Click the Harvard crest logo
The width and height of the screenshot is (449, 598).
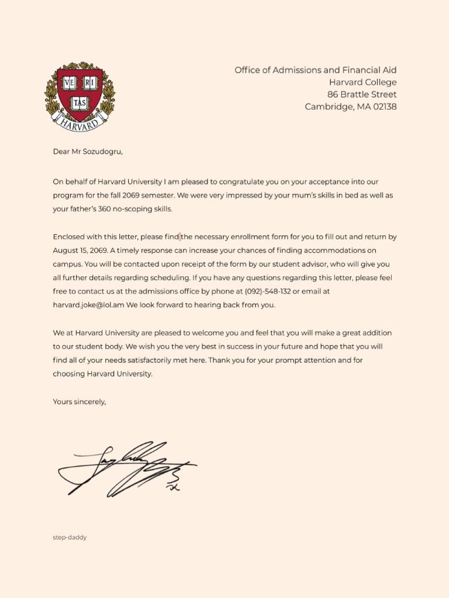point(80,96)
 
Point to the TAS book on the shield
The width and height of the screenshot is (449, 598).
point(80,103)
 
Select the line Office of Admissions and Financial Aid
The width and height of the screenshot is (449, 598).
point(315,70)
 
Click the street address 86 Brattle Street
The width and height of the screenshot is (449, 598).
point(361,95)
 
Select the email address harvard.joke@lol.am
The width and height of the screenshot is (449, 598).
point(88,305)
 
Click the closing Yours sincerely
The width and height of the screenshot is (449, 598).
point(80,401)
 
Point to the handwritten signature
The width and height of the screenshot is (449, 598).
point(126,468)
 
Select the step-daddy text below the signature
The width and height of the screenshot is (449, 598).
point(70,537)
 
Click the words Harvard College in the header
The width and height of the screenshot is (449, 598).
point(362,82)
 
